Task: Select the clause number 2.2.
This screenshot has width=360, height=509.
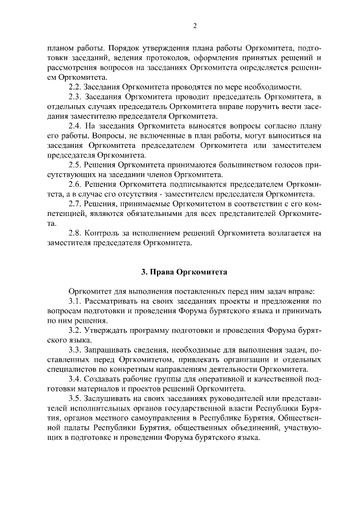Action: tap(74, 87)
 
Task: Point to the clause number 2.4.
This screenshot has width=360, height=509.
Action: tap(74, 127)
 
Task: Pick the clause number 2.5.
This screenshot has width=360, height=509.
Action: tap(74, 165)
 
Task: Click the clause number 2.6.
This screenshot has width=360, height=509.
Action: tap(74, 184)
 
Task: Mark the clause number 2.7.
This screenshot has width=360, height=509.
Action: tap(74, 204)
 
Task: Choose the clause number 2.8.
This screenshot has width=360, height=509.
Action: tap(74, 233)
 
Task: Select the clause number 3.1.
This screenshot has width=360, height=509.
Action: tap(74, 301)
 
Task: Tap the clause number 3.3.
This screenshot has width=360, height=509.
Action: tap(74, 350)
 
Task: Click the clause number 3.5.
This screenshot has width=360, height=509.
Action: tap(74, 398)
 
